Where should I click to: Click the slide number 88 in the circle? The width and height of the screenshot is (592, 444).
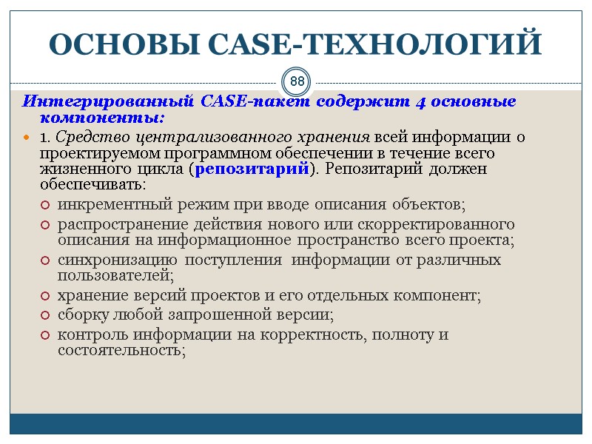click(297, 81)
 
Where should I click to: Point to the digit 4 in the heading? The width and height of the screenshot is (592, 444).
click(420, 101)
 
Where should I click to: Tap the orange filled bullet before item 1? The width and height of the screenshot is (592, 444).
click(27, 138)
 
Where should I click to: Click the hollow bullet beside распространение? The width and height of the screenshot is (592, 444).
click(45, 224)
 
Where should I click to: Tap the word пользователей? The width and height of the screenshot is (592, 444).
click(115, 276)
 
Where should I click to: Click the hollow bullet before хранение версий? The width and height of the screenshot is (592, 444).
click(45, 296)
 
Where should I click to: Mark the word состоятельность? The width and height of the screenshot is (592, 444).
click(122, 351)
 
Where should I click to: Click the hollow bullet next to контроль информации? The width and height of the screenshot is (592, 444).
click(45, 334)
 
